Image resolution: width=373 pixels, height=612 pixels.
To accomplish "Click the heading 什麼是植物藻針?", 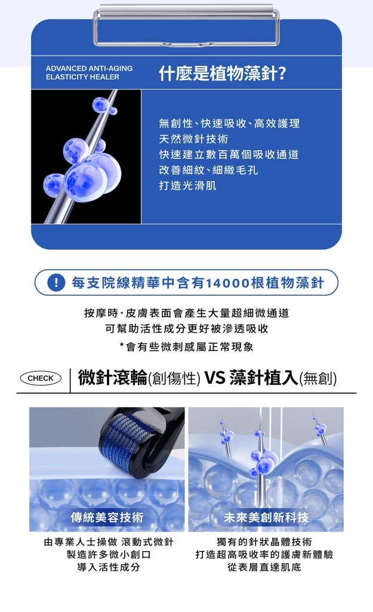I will coord(222,74).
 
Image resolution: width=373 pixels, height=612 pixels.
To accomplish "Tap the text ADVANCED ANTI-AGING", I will coord(89,69).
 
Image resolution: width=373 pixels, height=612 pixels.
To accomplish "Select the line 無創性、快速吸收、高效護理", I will coord(229,124).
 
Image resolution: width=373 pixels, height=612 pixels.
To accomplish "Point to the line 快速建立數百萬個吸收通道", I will coord(229,155).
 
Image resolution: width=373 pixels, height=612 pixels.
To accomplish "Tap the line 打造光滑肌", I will coord(187,186).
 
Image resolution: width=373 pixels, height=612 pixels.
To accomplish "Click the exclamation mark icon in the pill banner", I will coord(56,283).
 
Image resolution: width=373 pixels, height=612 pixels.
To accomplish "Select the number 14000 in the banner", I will coord(227,283).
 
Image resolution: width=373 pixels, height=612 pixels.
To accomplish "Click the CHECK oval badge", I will coord(41,378).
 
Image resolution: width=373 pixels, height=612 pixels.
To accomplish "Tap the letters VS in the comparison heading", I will coord(214,378).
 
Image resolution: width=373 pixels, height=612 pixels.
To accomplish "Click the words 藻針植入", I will coord(263,378).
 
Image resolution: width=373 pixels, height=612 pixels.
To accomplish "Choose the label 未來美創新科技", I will coord(266,517).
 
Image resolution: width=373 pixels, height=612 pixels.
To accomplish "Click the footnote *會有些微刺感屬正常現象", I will coord(186,347).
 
